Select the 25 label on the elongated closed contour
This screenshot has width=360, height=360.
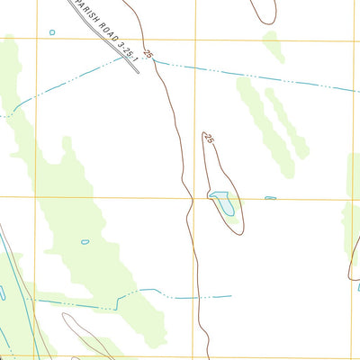click(x=208, y=139)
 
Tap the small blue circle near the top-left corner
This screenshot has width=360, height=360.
click(x=52, y=32)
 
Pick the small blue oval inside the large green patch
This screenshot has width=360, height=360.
click(x=85, y=241)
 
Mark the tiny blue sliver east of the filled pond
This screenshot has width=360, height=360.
click(x=270, y=198)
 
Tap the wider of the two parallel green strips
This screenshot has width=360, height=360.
click(x=258, y=117)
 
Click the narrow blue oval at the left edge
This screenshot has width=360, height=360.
click(x=2, y=293)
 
